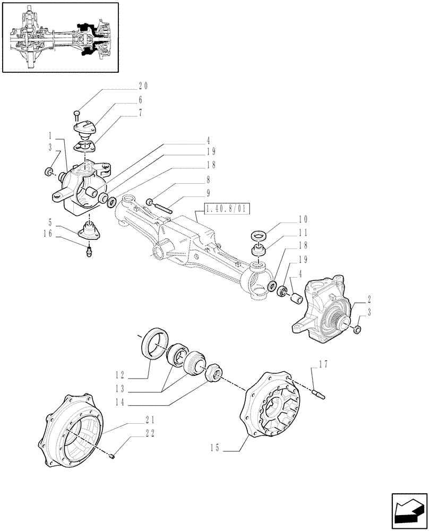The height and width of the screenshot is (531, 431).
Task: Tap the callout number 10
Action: pos(303,219)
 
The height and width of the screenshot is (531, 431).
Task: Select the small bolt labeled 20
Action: pos(76,113)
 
